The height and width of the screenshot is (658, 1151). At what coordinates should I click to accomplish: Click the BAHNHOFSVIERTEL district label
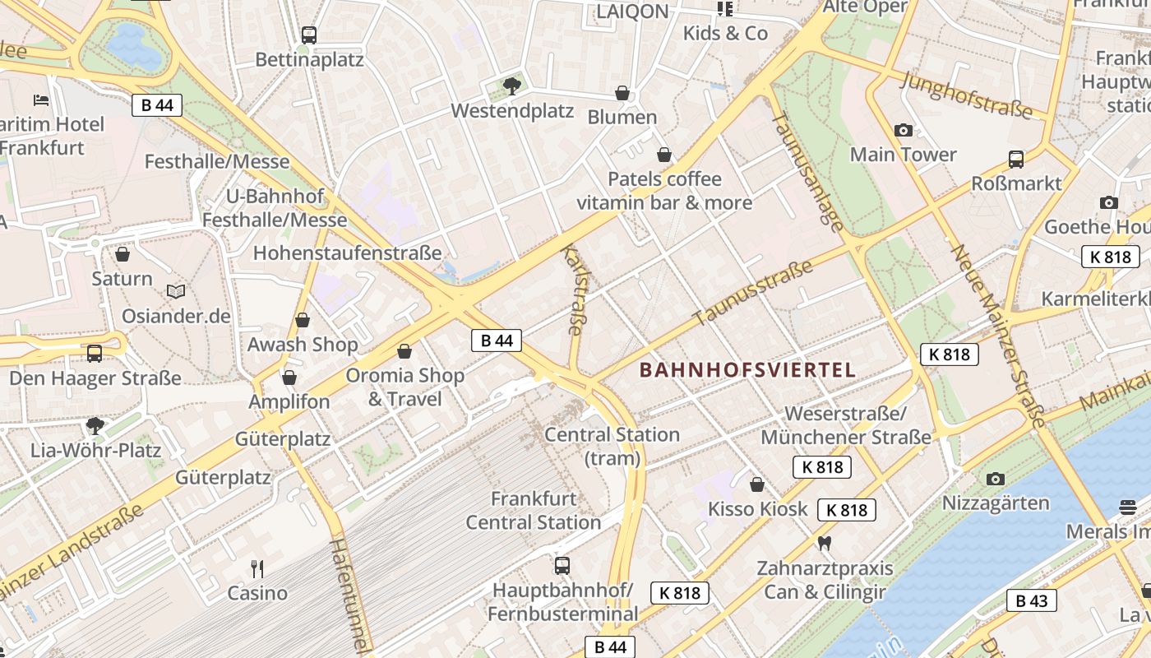[x=747, y=370]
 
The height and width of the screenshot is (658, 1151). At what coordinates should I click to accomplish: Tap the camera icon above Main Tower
[x=903, y=130]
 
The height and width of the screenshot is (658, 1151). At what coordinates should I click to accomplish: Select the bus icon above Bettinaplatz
[x=308, y=35]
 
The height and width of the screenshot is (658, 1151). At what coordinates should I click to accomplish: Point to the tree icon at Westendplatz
[x=511, y=85]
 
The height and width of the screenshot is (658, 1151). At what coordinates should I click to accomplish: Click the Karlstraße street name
[x=573, y=289]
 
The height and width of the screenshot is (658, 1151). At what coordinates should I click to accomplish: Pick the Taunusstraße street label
[x=753, y=292]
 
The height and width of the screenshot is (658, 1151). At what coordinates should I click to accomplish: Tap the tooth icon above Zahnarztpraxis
[x=824, y=543]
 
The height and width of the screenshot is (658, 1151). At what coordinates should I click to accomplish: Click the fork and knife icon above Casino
[x=257, y=568]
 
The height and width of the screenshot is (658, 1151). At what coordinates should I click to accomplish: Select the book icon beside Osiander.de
[x=176, y=291]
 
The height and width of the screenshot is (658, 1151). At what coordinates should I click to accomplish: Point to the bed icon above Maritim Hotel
[x=41, y=100]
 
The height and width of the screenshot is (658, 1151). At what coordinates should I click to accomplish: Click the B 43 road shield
[x=1032, y=600]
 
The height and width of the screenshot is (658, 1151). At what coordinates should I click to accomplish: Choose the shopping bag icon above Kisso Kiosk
[x=757, y=484]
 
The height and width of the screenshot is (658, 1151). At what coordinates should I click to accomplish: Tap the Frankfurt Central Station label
[x=534, y=510]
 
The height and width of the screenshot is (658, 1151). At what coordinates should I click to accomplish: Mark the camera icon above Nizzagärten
[x=996, y=478]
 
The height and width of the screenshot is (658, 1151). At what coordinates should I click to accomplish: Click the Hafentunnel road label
[x=349, y=596]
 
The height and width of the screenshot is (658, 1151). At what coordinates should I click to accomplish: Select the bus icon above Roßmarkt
[x=1016, y=160]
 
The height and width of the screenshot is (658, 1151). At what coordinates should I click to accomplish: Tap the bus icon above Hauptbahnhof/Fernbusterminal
[x=562, y=565]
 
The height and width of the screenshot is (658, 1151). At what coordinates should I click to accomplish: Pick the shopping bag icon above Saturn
[x=122, y=254]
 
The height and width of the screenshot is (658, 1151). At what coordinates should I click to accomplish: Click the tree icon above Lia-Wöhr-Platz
[x=95, y=425]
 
